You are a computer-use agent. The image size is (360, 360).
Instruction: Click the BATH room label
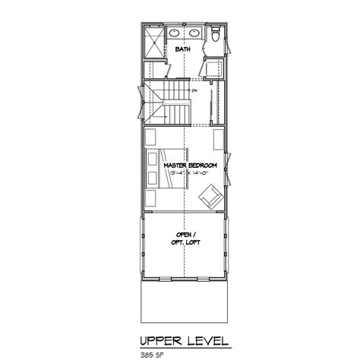pyautogui.click(x=183, y=49)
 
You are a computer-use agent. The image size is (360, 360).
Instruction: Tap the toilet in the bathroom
pyautogui.click(x=215, y=36)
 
